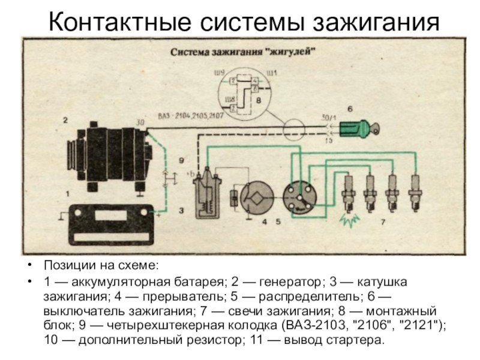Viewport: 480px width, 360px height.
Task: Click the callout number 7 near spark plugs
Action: pos(383,223)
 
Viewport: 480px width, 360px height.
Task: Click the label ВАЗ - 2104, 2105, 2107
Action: pos(191,116)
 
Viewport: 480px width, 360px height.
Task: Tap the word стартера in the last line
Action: pos(354,340)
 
